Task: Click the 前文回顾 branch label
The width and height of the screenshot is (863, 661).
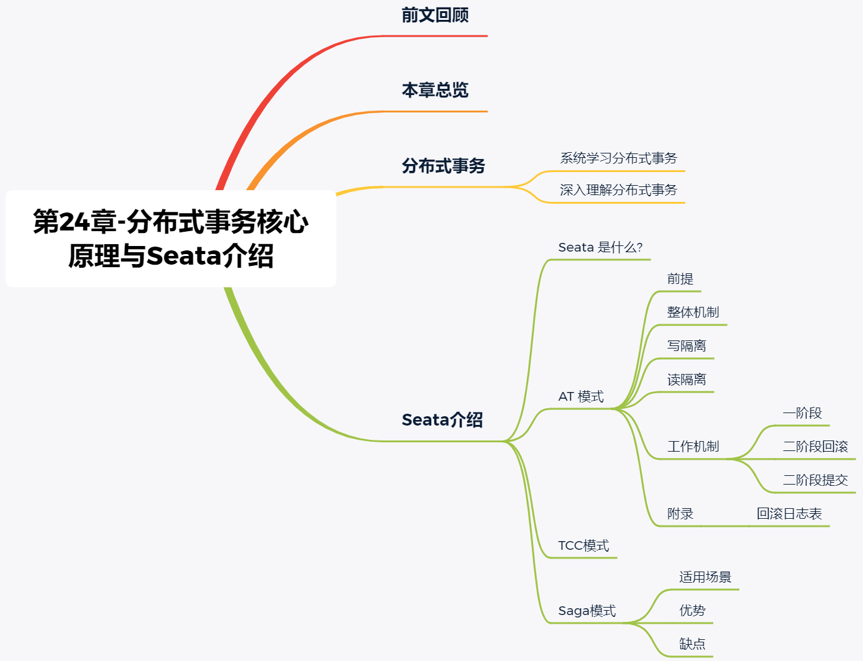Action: pyautogui.click(x=435, y=15)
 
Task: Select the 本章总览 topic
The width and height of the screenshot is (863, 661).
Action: pyautogui.click(x=435, y=90)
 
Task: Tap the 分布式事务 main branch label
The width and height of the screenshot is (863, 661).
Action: pyautogui.click(x=443, y=166)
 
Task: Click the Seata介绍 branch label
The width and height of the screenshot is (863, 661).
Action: pyautogui.click(x=442, y=420)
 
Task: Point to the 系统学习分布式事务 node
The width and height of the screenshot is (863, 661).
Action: pyautogui.click(x=618, y=158)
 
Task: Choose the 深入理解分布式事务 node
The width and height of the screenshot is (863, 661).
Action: pyautogui.click(x=618, y=190)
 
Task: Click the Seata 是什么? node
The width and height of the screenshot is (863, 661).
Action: pyautogui.click(x=600, y=247)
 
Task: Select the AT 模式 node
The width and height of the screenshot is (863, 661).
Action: pyautogui.click(x=581, y=396)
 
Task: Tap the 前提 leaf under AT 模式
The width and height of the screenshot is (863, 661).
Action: pyautogui.click(x=680, y=279)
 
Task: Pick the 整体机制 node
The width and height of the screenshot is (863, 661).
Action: pyautogui.click(x=693, y=312)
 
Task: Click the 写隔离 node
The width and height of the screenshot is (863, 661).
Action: pyautogui.click(x=687, y=346)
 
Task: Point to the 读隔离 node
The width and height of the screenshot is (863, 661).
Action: pyautogui.click(x=687, y=380)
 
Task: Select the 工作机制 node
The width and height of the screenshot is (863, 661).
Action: pyautogui.click(x=693, y=447)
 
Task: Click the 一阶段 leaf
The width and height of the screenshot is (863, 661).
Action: pyautogui.click(x=802, y=413)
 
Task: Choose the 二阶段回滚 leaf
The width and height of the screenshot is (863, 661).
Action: pyautogui.click(x=815, y=447)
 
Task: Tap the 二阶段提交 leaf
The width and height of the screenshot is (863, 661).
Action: pyautogui.click(x=815, y=480)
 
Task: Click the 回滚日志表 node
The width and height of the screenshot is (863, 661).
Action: pyautogui.click(x=789, y=514)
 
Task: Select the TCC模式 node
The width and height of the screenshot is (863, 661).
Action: pyautogui.click(x=583, y=545)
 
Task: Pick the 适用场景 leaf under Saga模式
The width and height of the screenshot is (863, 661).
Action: pyautogui.click(x=705, y=577)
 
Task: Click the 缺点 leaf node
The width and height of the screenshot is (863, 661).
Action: pyautogui.click(x=692, y=644)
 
